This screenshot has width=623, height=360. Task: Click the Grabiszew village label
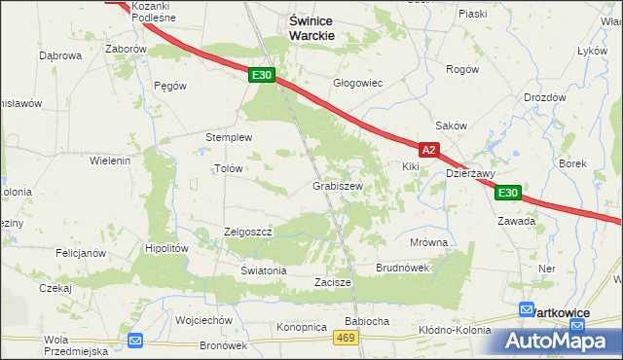338,185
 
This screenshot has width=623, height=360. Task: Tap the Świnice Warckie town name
312,26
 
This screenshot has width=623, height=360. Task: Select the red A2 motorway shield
430,150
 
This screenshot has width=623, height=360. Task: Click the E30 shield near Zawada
507,193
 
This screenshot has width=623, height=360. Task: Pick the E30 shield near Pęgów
260,74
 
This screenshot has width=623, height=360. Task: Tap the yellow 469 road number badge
345,337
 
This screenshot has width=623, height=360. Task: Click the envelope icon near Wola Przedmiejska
135,340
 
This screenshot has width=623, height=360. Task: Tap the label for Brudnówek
402,267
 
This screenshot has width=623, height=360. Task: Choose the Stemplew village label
229,137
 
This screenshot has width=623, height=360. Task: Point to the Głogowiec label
358,83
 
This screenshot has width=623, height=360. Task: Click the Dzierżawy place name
471,173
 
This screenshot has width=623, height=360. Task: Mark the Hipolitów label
165,248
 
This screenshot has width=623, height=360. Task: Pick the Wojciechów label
203,319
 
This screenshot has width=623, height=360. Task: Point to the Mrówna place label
428,241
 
